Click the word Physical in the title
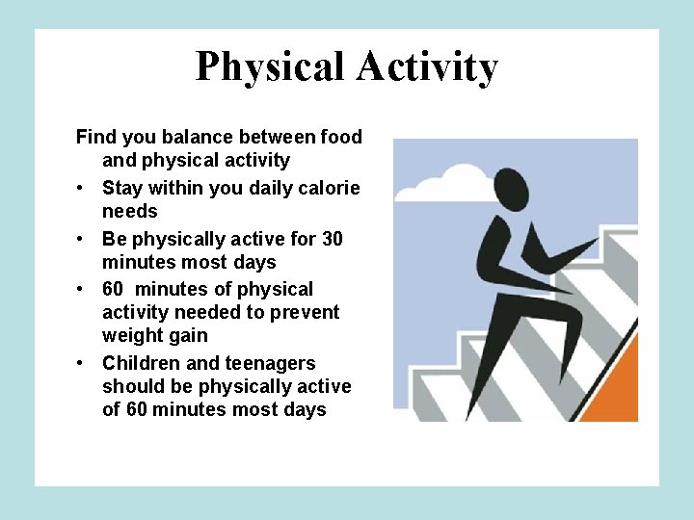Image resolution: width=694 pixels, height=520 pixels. click(x=270, y=67)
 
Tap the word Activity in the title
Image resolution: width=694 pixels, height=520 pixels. click(x=426, y=67)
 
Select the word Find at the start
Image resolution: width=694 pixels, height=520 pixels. click(x=96, y=137)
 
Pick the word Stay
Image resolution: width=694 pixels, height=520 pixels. click(x=123, y=188)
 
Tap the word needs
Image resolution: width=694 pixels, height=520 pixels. click(x=129, y=211)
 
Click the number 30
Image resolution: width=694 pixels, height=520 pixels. click(x=331, y=239)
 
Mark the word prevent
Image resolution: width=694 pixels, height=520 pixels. click(x=307, y=312)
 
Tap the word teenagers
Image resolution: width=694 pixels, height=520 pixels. click(x=271, y=363)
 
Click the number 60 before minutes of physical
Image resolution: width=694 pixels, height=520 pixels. click(x=115, y=289)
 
